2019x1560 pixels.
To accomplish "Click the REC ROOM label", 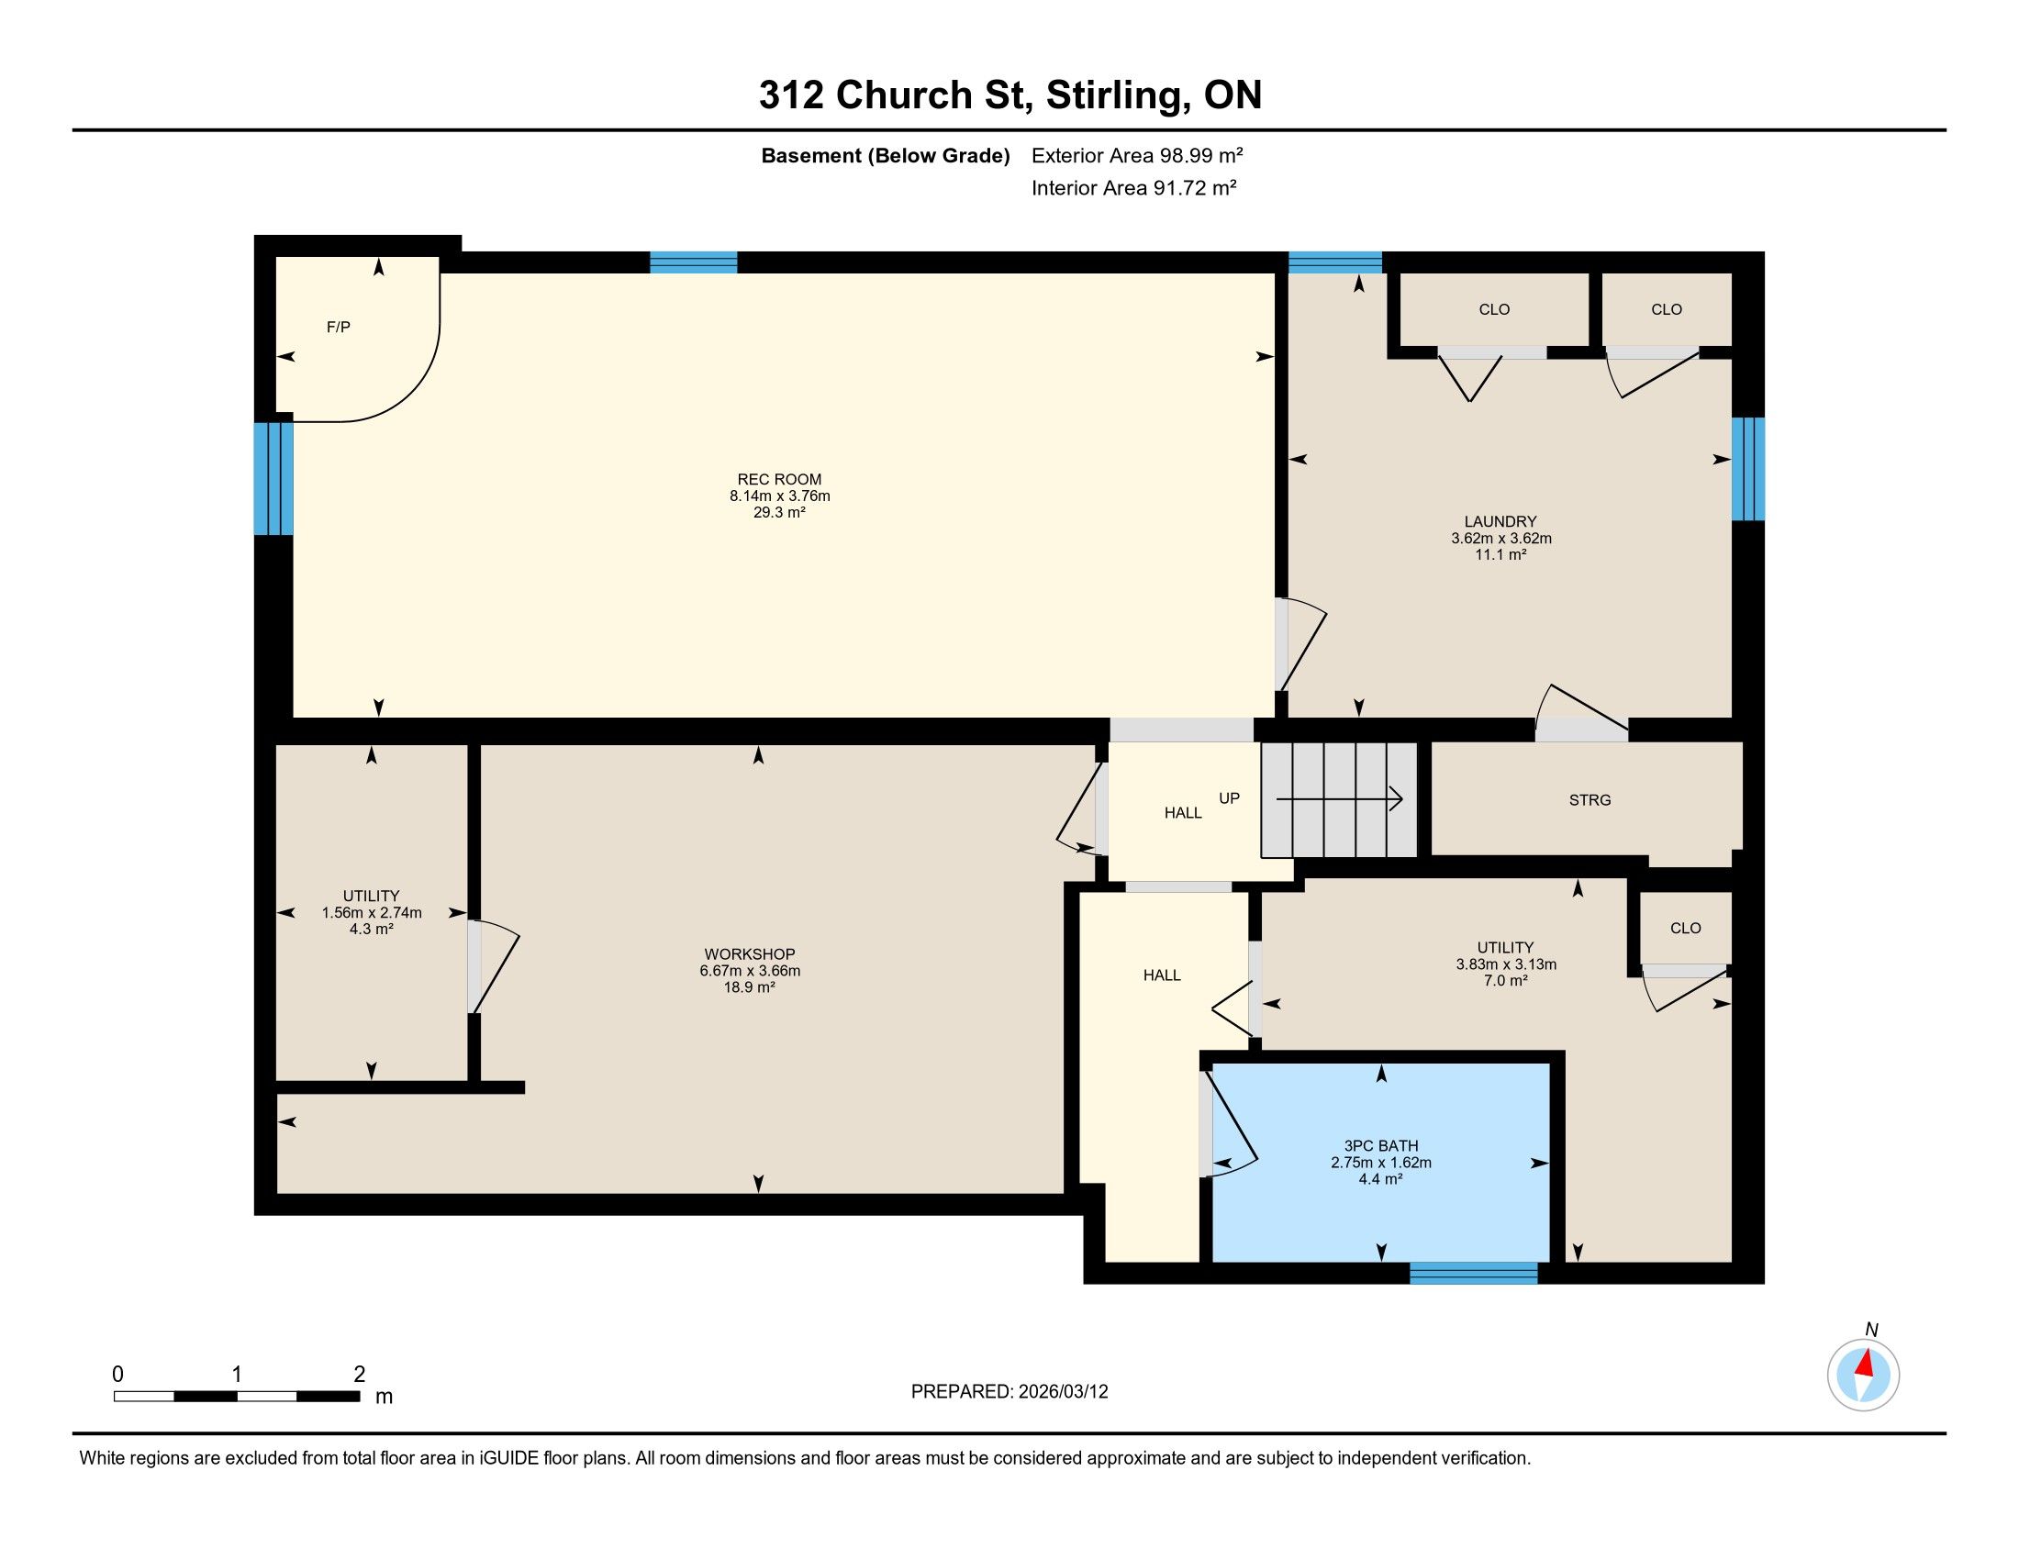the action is [x=778, y=479].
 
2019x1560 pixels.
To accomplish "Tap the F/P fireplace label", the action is [x=339, y=328].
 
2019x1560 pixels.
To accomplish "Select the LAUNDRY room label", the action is [x=1500, y=521].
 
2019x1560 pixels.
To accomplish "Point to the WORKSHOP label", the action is [x=749, y=953].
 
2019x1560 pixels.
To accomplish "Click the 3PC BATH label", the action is [x=1381, y=1146].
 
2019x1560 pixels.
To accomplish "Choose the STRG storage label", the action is [x=1590, y=800].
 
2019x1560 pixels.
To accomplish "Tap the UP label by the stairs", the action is [x=1229, y=798].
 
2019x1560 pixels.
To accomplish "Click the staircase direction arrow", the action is [x=1339, y=799].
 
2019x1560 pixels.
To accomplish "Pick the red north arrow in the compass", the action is [x=1866, y=1362].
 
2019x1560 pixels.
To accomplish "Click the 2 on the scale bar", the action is [x=359, y=1374].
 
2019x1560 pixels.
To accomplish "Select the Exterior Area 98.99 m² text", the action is [x=1137, y=155].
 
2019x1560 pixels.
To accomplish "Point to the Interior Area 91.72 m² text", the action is [x=1133, y=188].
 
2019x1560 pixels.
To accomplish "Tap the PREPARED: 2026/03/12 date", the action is [x=1009, y=1392].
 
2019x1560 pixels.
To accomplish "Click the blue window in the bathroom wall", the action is [x=1474, y=1273].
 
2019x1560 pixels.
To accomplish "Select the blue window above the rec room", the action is [x=693, y=262].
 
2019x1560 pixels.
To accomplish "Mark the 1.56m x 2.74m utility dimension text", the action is [x=372, y=913].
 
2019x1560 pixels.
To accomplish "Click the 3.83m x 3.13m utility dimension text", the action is [x=1506, y=964].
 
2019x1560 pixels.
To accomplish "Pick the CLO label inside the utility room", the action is [x=1685, y=928].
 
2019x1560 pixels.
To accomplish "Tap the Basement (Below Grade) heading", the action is [x=886, y=155].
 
